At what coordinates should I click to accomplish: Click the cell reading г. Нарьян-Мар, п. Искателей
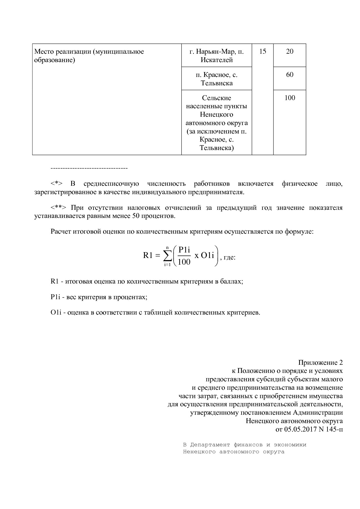tap(216, 56)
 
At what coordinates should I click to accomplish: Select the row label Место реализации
tap(89, 56)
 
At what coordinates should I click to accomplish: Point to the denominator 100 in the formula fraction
tap(184, 262)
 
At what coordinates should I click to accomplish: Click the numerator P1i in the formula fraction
tap(184, 250)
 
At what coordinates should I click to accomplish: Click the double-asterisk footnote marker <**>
tap(58, 208)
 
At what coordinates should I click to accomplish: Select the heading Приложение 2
tap(320, 363)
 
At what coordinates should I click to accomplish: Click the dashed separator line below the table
tap(89, 169)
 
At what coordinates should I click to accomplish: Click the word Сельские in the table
tap(216, 98)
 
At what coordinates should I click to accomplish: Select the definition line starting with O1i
tap(155, 313)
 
